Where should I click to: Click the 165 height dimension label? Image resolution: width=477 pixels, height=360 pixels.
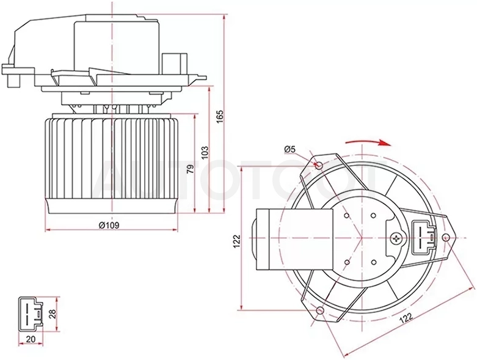pyautogui.click(x=220, y=116)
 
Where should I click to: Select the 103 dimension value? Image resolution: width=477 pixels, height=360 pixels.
pyautogui.click(x=205, y=152)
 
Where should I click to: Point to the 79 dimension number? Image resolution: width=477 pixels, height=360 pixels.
pyautogui.click(x=190, y=169)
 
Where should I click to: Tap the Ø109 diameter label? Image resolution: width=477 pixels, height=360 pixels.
pyautogui.click(x=109, y=225)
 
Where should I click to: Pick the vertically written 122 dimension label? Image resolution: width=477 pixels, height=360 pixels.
pyautogui.click(x=237, y=241)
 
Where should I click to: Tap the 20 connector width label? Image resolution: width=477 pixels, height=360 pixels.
pyautogui.click(x=31, y=339)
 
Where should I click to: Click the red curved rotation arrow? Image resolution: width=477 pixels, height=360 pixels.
pyautogui.click(x=368, y=142)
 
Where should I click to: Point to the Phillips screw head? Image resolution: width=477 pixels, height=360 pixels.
pyautogui.click(x=396, y=238)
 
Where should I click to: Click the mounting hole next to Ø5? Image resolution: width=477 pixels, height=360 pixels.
pyautogui.click(x=319, y=166)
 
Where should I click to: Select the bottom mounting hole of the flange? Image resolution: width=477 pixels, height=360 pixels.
pyautogui.click(x=319, y=312)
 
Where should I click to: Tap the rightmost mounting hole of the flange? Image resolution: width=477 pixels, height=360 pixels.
pyautogui.click(x=446, y=237)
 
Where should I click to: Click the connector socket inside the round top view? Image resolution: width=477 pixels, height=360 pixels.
pyautogui.click(x=423, y=237)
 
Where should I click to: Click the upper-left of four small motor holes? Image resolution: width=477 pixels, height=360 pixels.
pyautogui.click(x=346, y=215)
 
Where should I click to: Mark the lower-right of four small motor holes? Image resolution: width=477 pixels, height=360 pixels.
pyautogui.click(x=374, y=262)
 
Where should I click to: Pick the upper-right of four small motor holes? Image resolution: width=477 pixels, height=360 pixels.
pyautogui.click(x=373, y=215)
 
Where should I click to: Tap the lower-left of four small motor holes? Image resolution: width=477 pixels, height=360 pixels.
pyautogui.click(x=346, y=262)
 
